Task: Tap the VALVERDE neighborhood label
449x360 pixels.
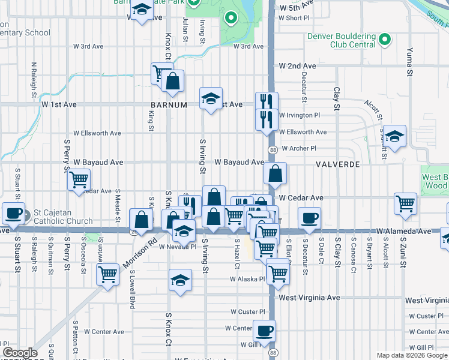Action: point(338,164)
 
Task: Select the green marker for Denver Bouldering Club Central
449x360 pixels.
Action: point(385,41)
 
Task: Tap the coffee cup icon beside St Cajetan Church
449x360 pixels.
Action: point(14,212)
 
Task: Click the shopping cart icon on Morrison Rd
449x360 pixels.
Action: point(107,274)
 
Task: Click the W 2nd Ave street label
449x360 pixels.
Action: point(297,66)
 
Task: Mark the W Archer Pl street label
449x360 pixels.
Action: point(298,148)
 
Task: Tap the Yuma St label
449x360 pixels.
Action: point(410,62)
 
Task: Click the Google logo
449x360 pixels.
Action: point(20,353)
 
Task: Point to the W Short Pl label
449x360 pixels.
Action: point(294,18)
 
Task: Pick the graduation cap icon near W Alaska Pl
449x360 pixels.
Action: point(180,280)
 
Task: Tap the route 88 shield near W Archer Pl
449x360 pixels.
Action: point(273,150)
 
